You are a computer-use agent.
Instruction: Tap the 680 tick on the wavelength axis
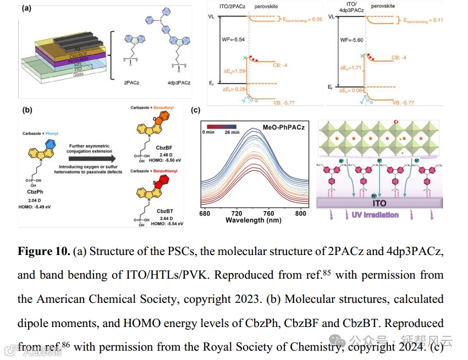tap(205, 213)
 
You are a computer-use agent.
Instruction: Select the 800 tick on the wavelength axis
tap(301, 213)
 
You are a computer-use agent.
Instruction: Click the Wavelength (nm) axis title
tap(252, 220)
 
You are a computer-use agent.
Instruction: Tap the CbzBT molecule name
tap(164, 211)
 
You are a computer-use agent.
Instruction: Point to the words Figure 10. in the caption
tap(43, 252)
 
